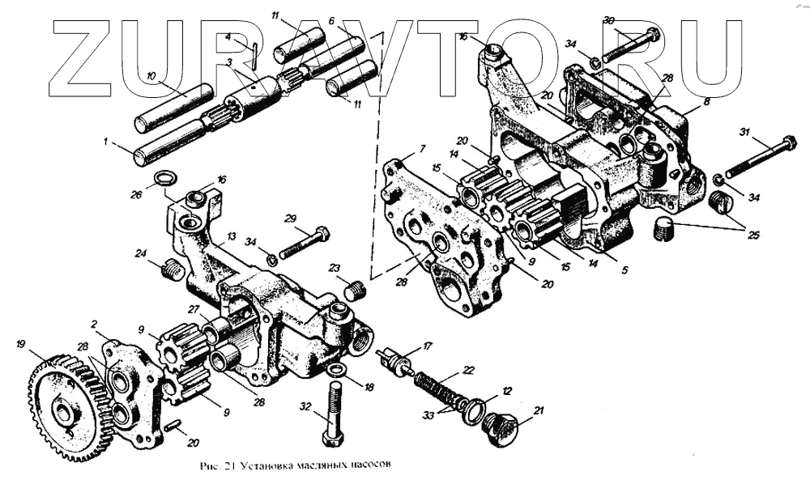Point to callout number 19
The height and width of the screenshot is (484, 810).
[21, 343]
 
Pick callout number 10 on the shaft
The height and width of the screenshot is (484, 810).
[151, 76]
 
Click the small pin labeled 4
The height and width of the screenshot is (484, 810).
[254, 55]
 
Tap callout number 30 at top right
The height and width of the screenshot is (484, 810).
[609, 19]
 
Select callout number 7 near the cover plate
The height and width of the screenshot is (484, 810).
[422, 149]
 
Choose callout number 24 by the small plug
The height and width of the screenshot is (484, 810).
[141, 253]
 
